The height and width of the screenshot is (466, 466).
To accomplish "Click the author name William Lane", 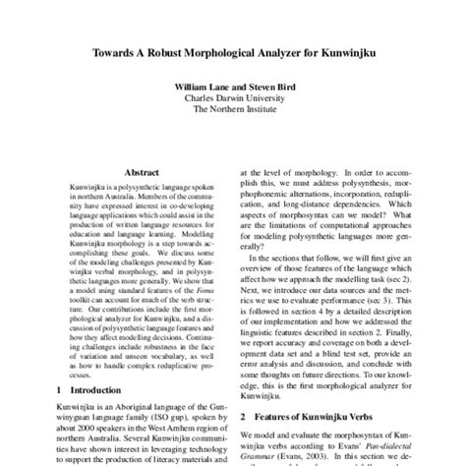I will (201, 87).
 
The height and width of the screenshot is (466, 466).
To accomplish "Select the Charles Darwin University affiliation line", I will (233, 98).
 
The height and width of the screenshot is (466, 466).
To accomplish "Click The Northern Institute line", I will (233, 110).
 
